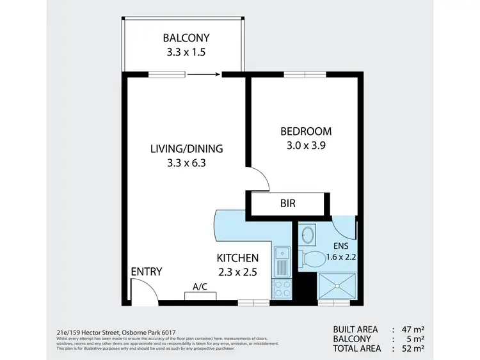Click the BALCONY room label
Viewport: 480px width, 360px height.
(x=186, y=37)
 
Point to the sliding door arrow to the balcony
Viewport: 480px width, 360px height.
(x=203, y=75)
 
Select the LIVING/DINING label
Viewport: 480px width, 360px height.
(x=186, y=149)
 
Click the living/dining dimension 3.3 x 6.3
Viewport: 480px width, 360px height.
(x=186, y=163)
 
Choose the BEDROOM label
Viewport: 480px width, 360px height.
(x=306, y=132)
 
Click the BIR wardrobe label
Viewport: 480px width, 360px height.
(x=288, y=205)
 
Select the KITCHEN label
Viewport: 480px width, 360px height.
(x=237, y=258)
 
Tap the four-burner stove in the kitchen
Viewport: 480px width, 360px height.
(x=282, y=288)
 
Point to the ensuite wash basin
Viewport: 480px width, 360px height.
(x=307, y=234)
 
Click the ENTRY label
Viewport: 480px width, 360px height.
(x=146, y=272)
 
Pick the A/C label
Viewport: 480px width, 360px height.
(x=200, y=288)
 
